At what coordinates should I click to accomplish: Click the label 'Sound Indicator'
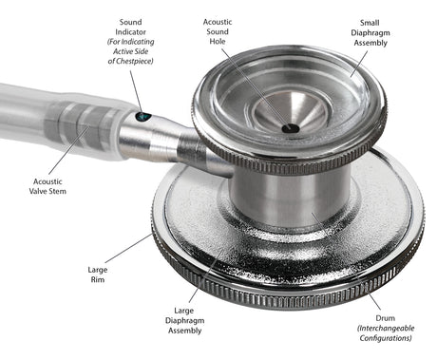131,28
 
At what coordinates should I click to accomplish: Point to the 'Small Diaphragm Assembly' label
373,34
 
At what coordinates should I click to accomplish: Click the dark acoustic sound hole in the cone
290,127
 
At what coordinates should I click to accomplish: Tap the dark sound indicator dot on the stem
143,117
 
